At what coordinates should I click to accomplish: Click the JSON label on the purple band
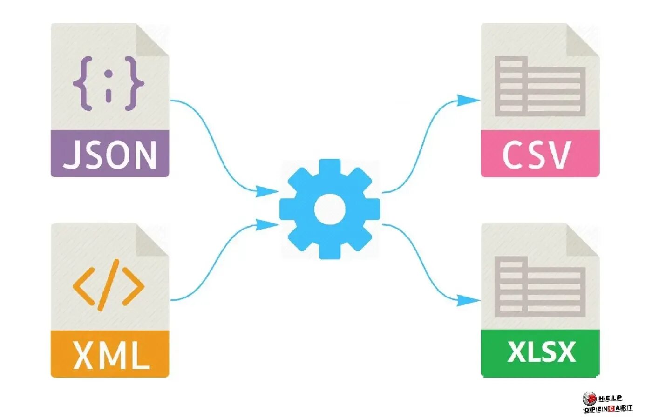[110, 155]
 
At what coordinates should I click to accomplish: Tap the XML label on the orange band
[110, 355]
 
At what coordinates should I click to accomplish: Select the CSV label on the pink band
[537, 155]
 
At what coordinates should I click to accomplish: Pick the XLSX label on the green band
[541, 352]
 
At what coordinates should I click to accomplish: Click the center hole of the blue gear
[330, 209]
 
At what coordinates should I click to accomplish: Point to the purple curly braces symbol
[109, 84]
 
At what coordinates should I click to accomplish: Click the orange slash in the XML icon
[108, 285]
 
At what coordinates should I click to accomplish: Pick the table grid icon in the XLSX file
[540, 286]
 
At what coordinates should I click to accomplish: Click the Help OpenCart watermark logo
[607, 403]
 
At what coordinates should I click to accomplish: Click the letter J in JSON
[71, 155]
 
